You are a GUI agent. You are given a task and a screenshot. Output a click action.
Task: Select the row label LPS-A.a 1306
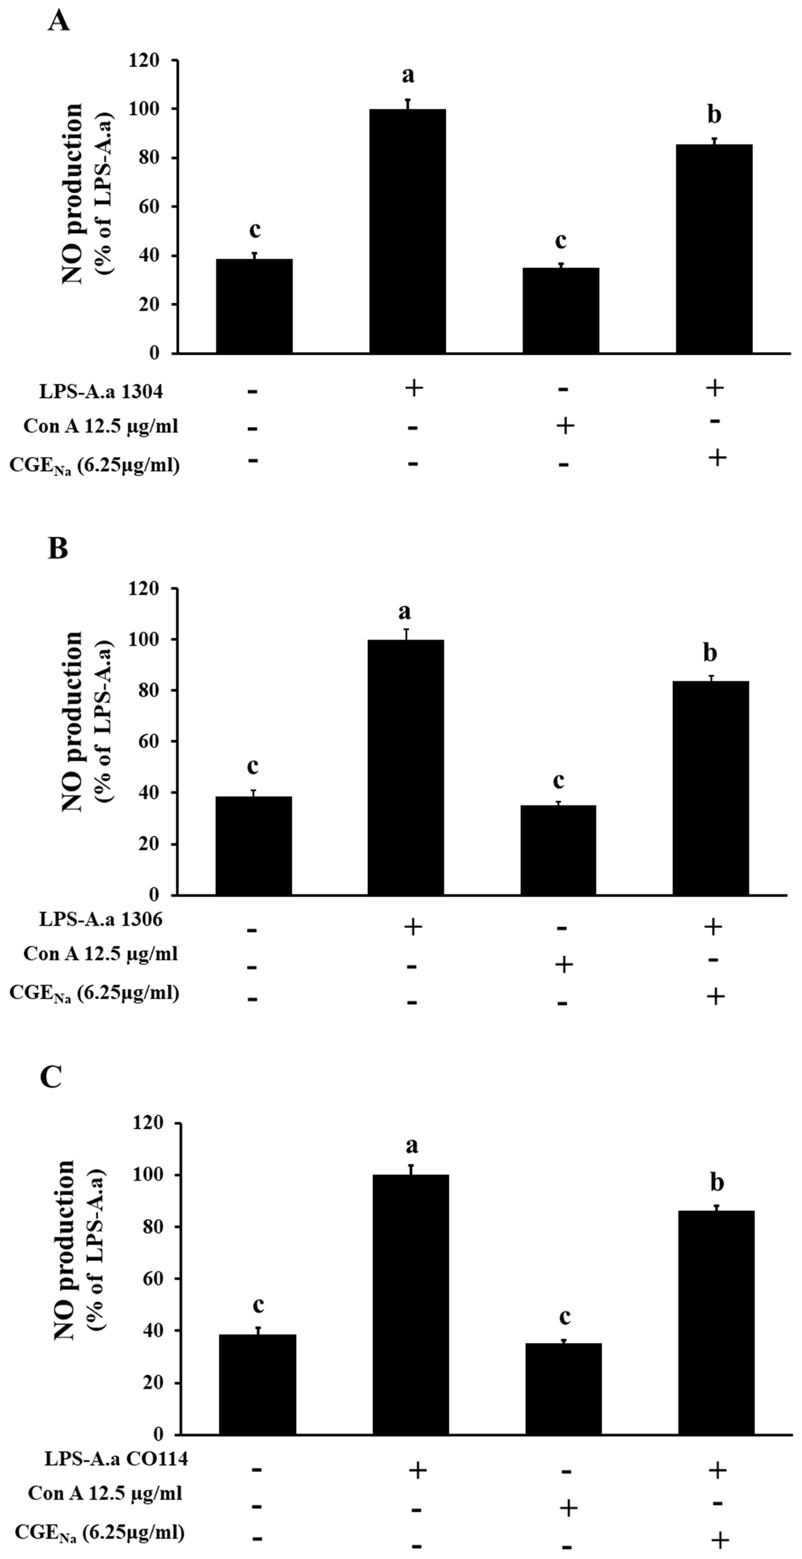click(101, 919)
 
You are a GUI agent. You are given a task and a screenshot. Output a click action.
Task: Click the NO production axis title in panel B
click(73, 721)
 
